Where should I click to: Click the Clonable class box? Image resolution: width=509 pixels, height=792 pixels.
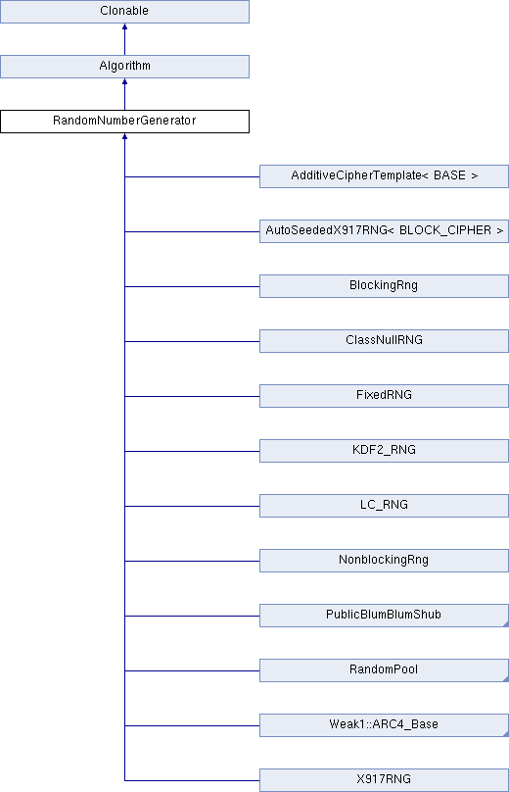(124, 11)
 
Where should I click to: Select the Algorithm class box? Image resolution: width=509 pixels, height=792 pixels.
(124, 67)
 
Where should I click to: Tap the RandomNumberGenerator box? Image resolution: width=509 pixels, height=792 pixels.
(124, 122)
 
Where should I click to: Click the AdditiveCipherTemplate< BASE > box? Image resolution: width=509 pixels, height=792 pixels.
(384, 176)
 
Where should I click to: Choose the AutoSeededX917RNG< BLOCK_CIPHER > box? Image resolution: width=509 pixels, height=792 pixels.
(384, 230)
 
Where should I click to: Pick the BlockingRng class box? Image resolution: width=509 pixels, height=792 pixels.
(384, 286)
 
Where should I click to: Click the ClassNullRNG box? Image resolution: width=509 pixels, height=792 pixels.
(384, 341)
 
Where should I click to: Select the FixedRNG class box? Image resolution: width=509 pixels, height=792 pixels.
(384, 395)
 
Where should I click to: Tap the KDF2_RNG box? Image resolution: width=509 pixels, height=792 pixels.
(384, 451)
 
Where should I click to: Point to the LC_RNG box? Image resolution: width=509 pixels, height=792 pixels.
(384, 506)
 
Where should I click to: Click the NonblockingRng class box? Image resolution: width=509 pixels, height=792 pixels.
(384, 560)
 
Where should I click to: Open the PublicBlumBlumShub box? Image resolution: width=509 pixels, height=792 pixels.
(384, 616)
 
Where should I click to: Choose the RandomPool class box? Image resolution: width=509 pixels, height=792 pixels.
(384, 670)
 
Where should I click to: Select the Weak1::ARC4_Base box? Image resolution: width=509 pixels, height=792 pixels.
(384, 724)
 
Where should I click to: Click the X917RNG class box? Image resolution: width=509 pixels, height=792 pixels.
(384, 780)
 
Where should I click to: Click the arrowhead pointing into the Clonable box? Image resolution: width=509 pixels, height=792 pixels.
(124, 26)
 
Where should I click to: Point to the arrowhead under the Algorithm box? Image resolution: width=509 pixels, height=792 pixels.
(124, 81)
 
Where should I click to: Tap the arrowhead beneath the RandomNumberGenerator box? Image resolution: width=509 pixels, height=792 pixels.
(124, 136)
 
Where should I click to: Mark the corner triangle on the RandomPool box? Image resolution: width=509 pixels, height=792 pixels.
(506, 679)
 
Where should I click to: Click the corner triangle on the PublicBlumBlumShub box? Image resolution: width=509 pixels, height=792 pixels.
(506, 624)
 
